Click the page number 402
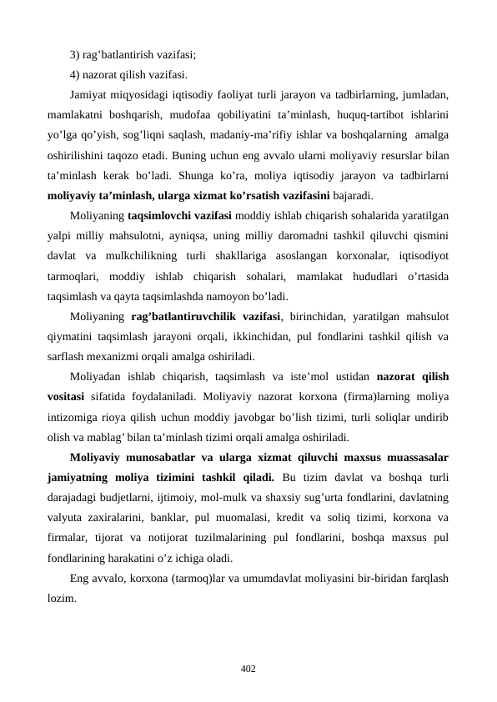pyautogui.click(x=248, y=669)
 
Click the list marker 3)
pyautogui.click(x=76, y=56)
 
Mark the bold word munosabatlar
pyautogui.click(x=162, y=457)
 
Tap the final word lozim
pyautogui.click(x=63, y=599)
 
